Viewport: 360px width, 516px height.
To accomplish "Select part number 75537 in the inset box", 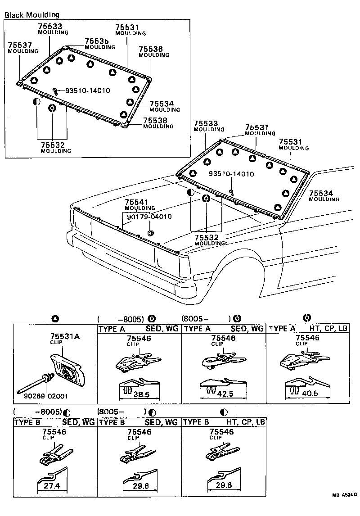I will pos(18,45).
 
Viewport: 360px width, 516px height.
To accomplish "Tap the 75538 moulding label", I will pos(156,121).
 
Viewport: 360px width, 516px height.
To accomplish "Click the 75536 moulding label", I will pos(151,49).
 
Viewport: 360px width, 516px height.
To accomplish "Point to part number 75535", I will pos(97,41).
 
